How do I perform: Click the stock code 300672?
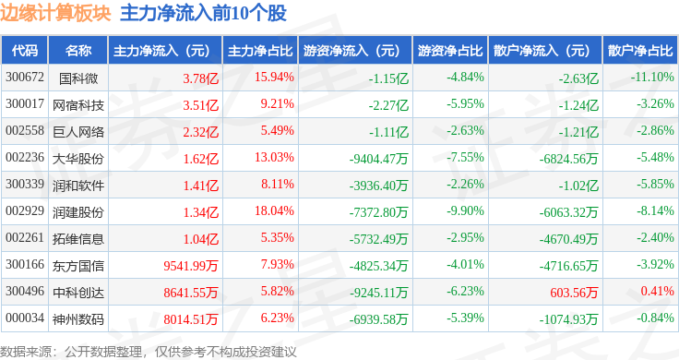[25, 78]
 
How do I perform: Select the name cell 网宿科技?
[78, 105]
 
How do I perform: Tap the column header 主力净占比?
[260, 51]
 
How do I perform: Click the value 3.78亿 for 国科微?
[200, 78]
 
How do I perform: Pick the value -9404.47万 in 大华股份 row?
[379, 159]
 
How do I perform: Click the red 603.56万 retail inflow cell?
[574, 293]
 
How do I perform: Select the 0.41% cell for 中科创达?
[658, 291]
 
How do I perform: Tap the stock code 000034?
[25, 318]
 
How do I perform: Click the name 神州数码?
[78, 319]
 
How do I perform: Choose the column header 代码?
[25, 51]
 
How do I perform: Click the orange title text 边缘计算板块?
[55, 13]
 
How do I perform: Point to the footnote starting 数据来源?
[149, 352]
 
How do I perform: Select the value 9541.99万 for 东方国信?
[191, 266]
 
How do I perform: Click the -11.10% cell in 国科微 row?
[652, 78]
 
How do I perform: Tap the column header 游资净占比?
[450, 51]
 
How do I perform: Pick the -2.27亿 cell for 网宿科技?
[388, 105]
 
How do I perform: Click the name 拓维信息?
[78, 239]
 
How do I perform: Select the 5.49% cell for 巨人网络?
[277, 130]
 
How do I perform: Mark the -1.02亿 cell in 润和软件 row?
[578, 186]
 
